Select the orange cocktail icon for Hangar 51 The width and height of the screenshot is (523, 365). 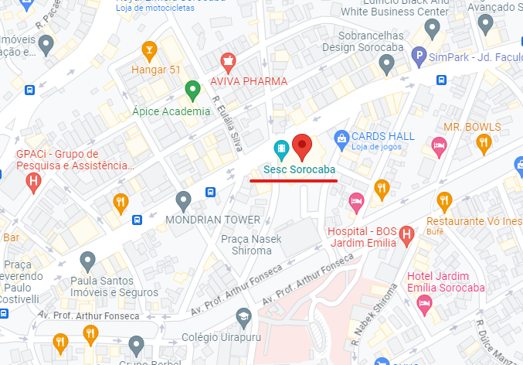tap(149, 52)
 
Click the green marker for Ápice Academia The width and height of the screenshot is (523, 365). tap(192, 92)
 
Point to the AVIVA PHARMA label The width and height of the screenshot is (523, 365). tap(249, 81)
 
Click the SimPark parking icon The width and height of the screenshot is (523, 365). tap(418, 55)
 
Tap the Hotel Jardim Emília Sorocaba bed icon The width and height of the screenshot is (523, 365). tap(424, 303)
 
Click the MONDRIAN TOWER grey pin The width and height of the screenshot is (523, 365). tap(183, 201)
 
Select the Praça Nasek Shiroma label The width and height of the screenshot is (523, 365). tap(246, 245)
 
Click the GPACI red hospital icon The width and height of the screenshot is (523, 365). tap(33, 182)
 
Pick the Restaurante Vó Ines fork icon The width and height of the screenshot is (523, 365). tap(443, 201)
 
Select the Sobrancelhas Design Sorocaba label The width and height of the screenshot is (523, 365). tap(362, 41)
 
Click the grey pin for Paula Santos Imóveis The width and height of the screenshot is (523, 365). tap(87, 261)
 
